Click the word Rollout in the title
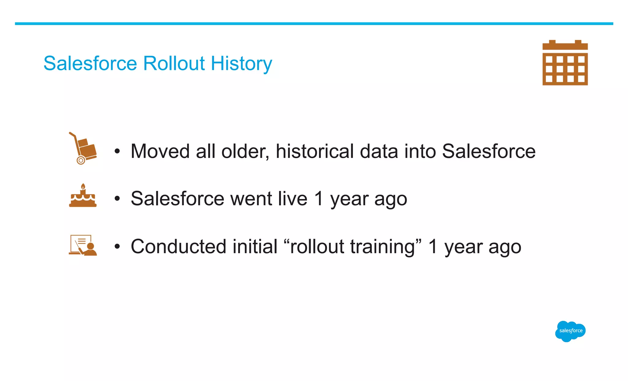click(x=174, y=63)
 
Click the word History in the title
click(x=241, y=63)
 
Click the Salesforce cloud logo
click(x=570, y=331)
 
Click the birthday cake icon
click(x=83, y=196)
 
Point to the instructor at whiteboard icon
click(x=83, y=245)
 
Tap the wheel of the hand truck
click(x=81, y=160)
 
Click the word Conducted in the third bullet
click(x=178, y=246)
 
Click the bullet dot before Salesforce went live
click(x=117, y=199)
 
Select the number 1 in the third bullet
click(x=433, y=246)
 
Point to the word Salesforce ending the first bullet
click(x=488, y=151)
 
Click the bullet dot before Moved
click(x=117, y=151)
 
